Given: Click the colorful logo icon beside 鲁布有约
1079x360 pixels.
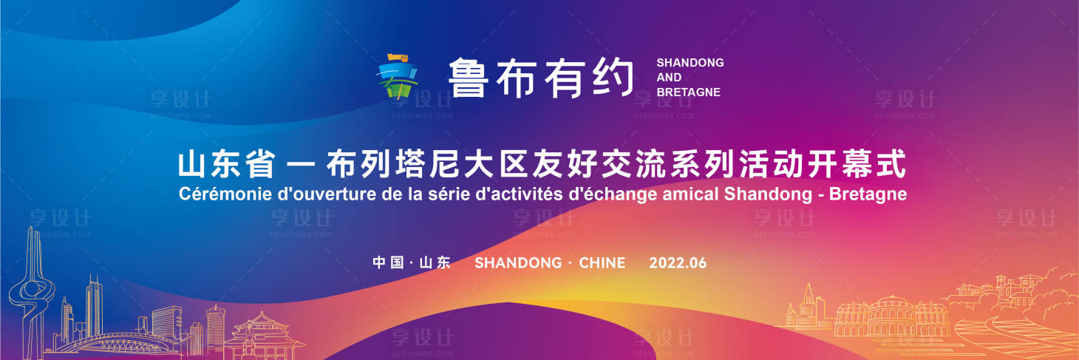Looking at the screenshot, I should tap(398, 76).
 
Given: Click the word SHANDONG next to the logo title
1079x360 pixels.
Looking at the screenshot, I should tap(690, 63).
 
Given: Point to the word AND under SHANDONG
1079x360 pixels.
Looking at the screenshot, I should tap(669, 78).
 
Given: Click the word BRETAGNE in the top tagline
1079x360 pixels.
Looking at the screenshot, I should tap(688, 92).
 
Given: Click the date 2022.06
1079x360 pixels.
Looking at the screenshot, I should tap(678, 263).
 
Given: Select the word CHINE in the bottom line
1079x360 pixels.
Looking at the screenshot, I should tap(602, 263).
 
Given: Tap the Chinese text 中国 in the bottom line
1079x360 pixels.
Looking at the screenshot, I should tap(388, 263).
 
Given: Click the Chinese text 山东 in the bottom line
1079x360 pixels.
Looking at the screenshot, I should tap(435, 263).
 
